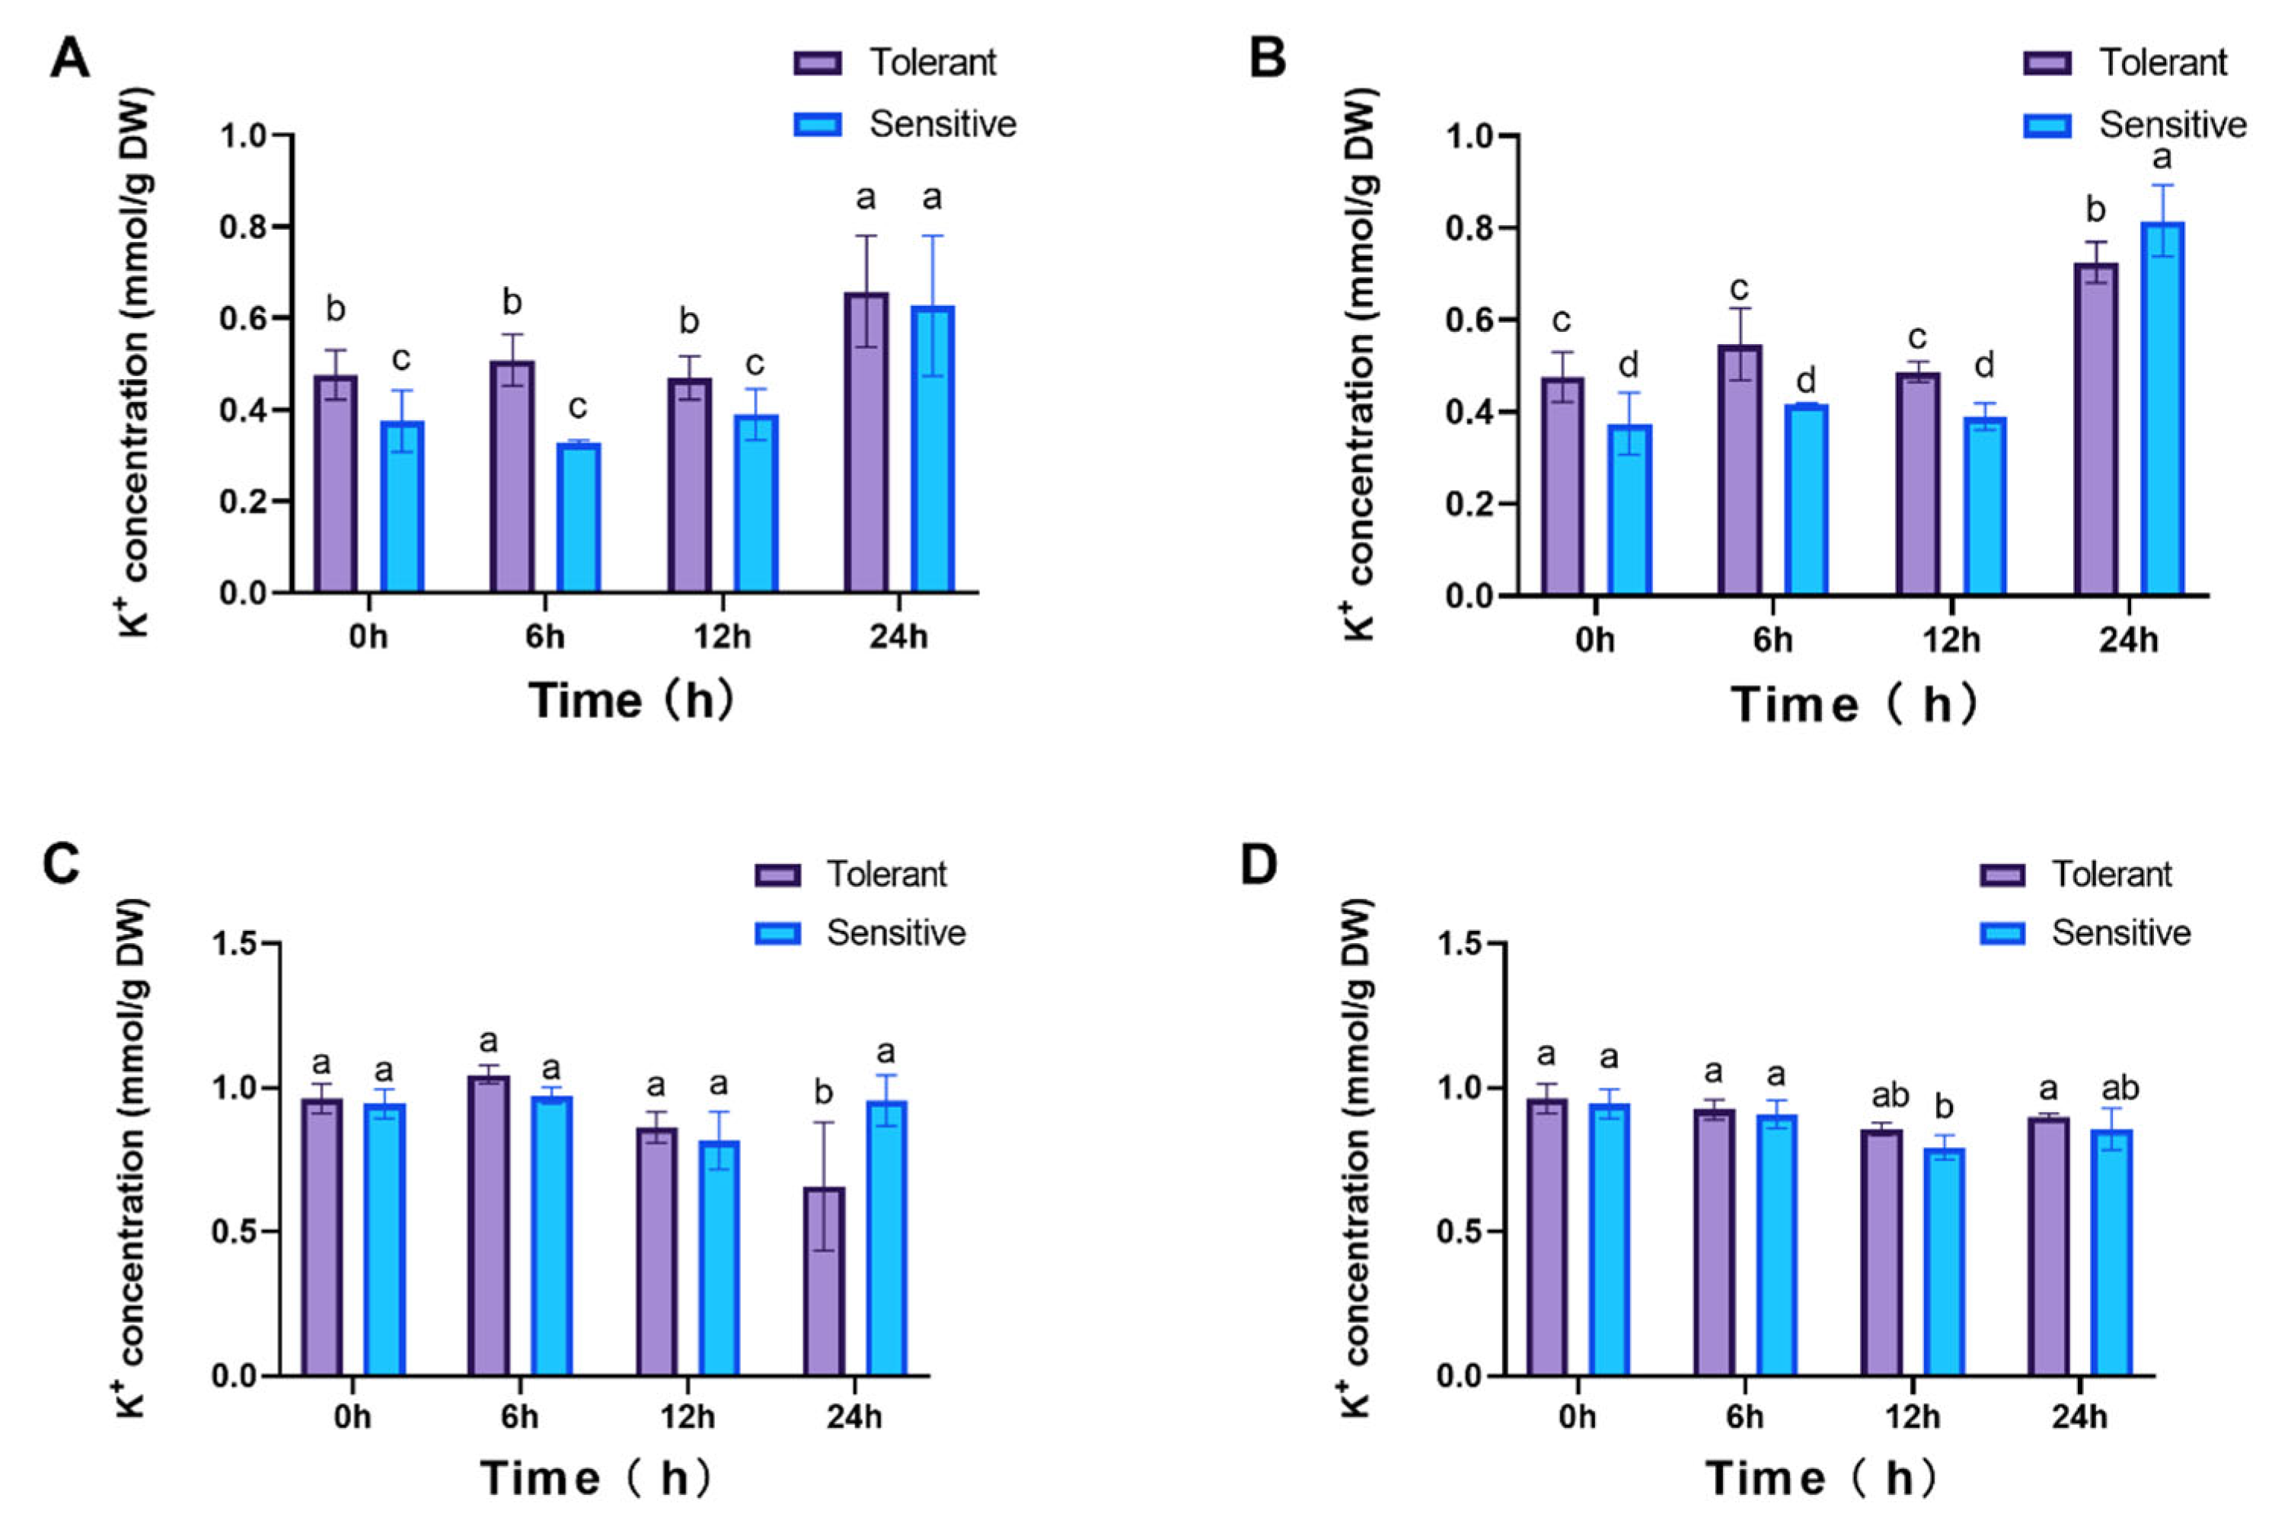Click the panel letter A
click(x=70, y=59)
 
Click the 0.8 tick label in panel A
click(x=242, y=228)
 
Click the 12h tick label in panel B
click(x=1951, y=641)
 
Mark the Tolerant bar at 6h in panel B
click(x=1740, y=470)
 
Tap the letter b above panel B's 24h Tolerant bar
click(x=2095, y=210)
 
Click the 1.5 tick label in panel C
click(x=237, y=944)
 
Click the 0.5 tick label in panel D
click(x=1463, y=1233)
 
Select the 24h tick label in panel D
click(x=2079, y=1417)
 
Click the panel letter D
click(x=1259, y=865)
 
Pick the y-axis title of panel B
click(x=1361, y=364)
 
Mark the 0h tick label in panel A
click(x=368, y=638)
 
